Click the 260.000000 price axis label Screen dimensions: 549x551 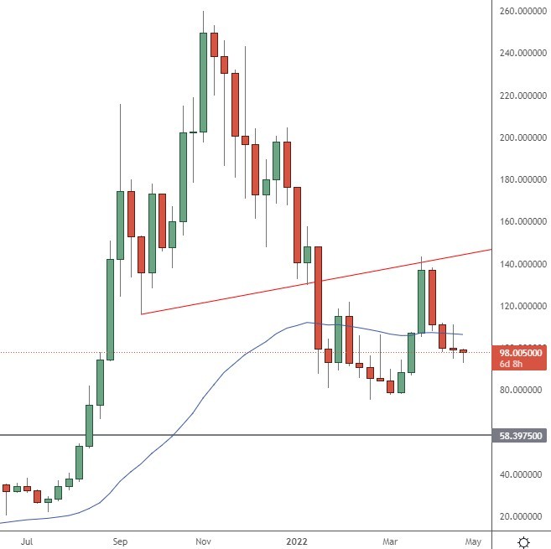[519, 11]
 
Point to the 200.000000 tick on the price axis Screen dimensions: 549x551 [519, 137]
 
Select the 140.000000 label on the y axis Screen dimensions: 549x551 [519, 264]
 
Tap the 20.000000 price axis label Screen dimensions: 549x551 [519, 516]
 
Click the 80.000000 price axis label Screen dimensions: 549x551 [519, 390]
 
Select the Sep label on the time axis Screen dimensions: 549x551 [119, 541]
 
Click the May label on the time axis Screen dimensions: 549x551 [473, 541]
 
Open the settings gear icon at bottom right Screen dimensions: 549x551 [523, 541]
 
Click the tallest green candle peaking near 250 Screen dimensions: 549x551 [204, 81]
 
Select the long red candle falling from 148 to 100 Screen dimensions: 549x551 [319, 298]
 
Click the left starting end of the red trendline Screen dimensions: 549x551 [142, 313]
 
